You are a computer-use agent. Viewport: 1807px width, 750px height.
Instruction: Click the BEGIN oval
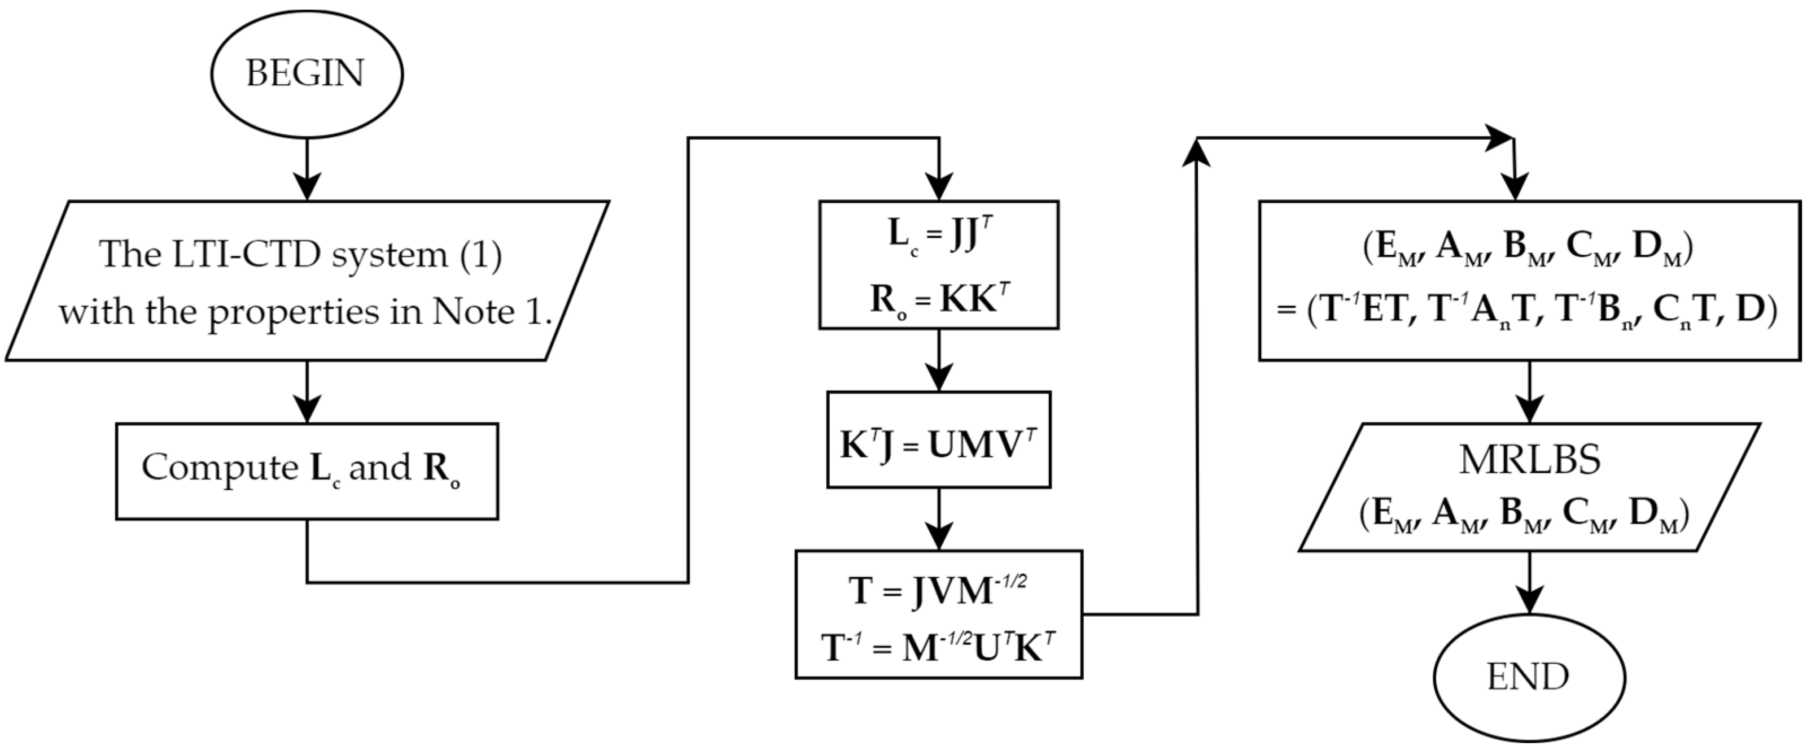pos(307,73)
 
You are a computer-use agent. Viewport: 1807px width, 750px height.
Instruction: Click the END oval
pos(1529,678)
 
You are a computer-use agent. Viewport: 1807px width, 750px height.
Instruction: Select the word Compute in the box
pos(220,467)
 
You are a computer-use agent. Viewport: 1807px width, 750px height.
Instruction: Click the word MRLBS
pos(1529,461)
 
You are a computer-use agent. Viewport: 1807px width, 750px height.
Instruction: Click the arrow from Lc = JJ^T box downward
pos(939,361)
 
